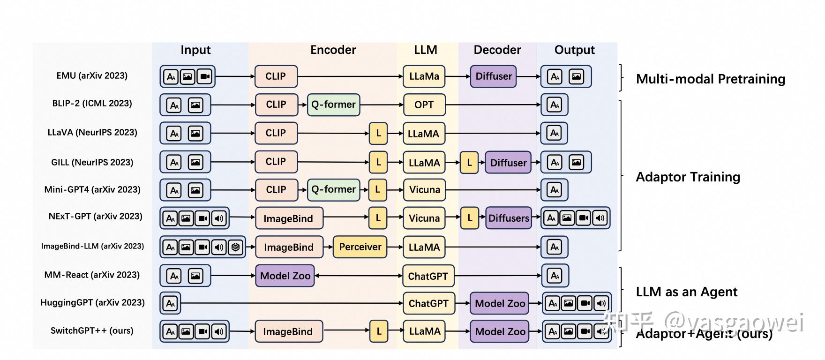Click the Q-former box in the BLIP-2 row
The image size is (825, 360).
(333, 105)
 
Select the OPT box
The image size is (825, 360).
(424, 105)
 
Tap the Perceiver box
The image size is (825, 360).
(360, 247)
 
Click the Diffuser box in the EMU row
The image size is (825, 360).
(494, 76)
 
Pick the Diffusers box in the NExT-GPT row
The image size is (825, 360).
(509, 218)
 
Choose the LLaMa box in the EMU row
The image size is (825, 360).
(424, 76)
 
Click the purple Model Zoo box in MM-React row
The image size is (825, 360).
(285, 276)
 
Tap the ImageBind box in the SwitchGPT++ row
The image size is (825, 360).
(288, 331)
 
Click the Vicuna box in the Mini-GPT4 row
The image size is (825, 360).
(424, 190)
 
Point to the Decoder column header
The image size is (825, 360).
(497, 50)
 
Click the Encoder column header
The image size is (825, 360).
(333, 50)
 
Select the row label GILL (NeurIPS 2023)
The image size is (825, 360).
(92, 162)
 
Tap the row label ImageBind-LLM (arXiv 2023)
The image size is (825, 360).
(92, 246)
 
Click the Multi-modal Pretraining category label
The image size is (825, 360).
(711, 79)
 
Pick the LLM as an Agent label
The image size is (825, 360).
(687, 292)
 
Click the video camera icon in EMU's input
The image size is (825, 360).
(205, 76)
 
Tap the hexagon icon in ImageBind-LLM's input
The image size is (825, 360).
(236, 247)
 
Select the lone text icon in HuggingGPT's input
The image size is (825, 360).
(170, 303)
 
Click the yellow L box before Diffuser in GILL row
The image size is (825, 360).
(469, 163)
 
